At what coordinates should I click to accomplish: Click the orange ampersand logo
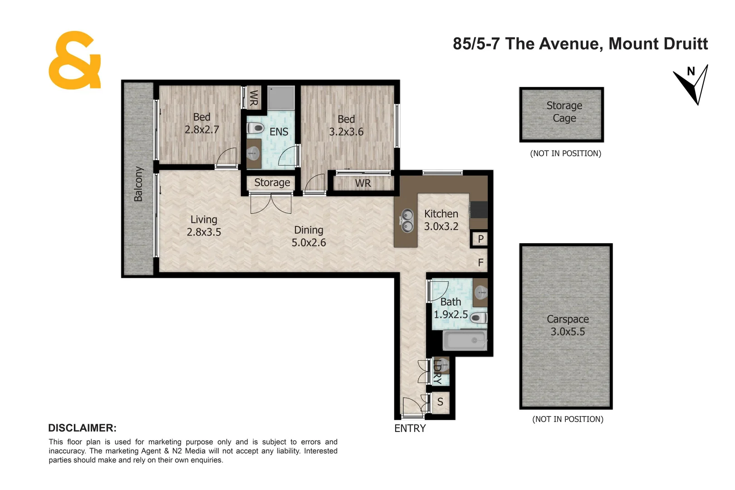pos(74,61)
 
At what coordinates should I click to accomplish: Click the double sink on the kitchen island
pos(407,220)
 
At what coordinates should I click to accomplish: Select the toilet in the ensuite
pos(255,128)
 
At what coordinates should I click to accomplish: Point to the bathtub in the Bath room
pos(464,340)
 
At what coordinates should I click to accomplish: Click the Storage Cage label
pos(564,112)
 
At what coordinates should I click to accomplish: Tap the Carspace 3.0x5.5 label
pos(567,326)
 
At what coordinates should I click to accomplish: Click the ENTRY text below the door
pos(410,428)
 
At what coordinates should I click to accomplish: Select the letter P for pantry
pos(480,239)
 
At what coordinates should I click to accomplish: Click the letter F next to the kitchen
pos(480,263)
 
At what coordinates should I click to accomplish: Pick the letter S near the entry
pos(440,402)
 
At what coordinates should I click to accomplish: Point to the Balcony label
pos(138,184)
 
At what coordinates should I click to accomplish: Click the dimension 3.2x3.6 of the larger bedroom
pos(346,132)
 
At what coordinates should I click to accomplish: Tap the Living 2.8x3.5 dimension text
pos(204,232)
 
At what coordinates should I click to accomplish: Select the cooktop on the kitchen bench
pos(478,210)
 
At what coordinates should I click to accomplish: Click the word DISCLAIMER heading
pos(82,428)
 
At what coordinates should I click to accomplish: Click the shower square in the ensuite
pos(280,98)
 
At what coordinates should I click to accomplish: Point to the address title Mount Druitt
pos(657,44)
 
